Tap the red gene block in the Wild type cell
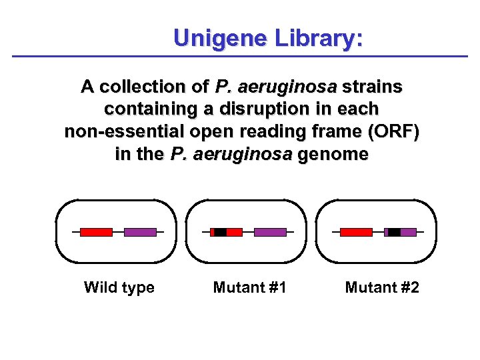click(x=96, y=232)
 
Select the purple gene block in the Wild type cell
click(x=140, y=232)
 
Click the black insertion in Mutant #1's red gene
click(x=220, y=232)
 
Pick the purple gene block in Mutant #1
click(x=270, y=232)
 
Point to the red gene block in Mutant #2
click(x=356, y=232)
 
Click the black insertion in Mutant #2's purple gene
click(x=394, y=232)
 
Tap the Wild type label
click(x=119, y=287)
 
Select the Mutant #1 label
click(x=249, y=287)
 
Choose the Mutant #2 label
click(x=382, y=287)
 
